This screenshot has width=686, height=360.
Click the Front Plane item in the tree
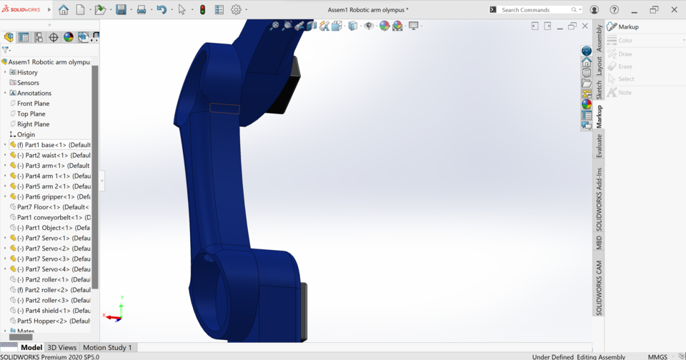pyautogui.click(x=33, y=104)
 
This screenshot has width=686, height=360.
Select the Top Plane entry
pyautogui.click(x=31, y=114)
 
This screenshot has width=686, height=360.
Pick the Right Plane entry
pyautogui.click(x=33, y=124)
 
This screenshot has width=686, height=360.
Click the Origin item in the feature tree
pyautogui.click(x=26, y=134)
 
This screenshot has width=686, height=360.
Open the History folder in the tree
pyautogui.click(x=27, y=72)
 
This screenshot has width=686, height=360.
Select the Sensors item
pyautogui.click(x=28, y=83)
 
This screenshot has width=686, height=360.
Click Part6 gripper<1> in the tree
pyautogui.click(x=54, y=196)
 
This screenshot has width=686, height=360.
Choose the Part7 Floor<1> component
pyautogui.click(x=51, y=207)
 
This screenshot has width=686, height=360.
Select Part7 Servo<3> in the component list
pyautogui.click(x=54, y=259)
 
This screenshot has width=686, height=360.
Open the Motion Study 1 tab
pyautogui.click(x=107, y=348)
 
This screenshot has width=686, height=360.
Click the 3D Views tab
pyautogui.click(x=62, y=348)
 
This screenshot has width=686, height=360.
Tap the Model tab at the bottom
pyautogui.click(x=31, y=348)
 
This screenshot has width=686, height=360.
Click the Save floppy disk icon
pyautogui.click(x=121, y=10)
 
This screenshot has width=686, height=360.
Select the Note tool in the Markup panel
pyautogui.click(x=625, y=92)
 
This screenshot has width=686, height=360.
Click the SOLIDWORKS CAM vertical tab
pyautogui.click(x=599, y=288)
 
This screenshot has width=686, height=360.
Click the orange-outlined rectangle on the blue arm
pyautogui.click(x=224, y=108)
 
